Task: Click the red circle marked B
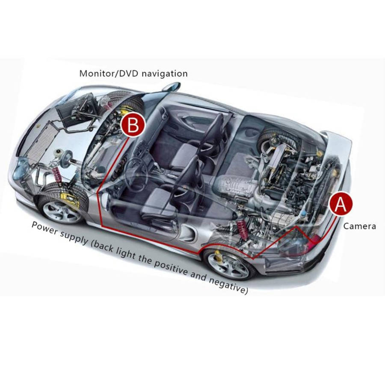pos(133,125)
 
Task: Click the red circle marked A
pos(341,204)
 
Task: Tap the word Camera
pos(359,226)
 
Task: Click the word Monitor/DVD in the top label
pos(109,73)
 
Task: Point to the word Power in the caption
pos(44,228)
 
